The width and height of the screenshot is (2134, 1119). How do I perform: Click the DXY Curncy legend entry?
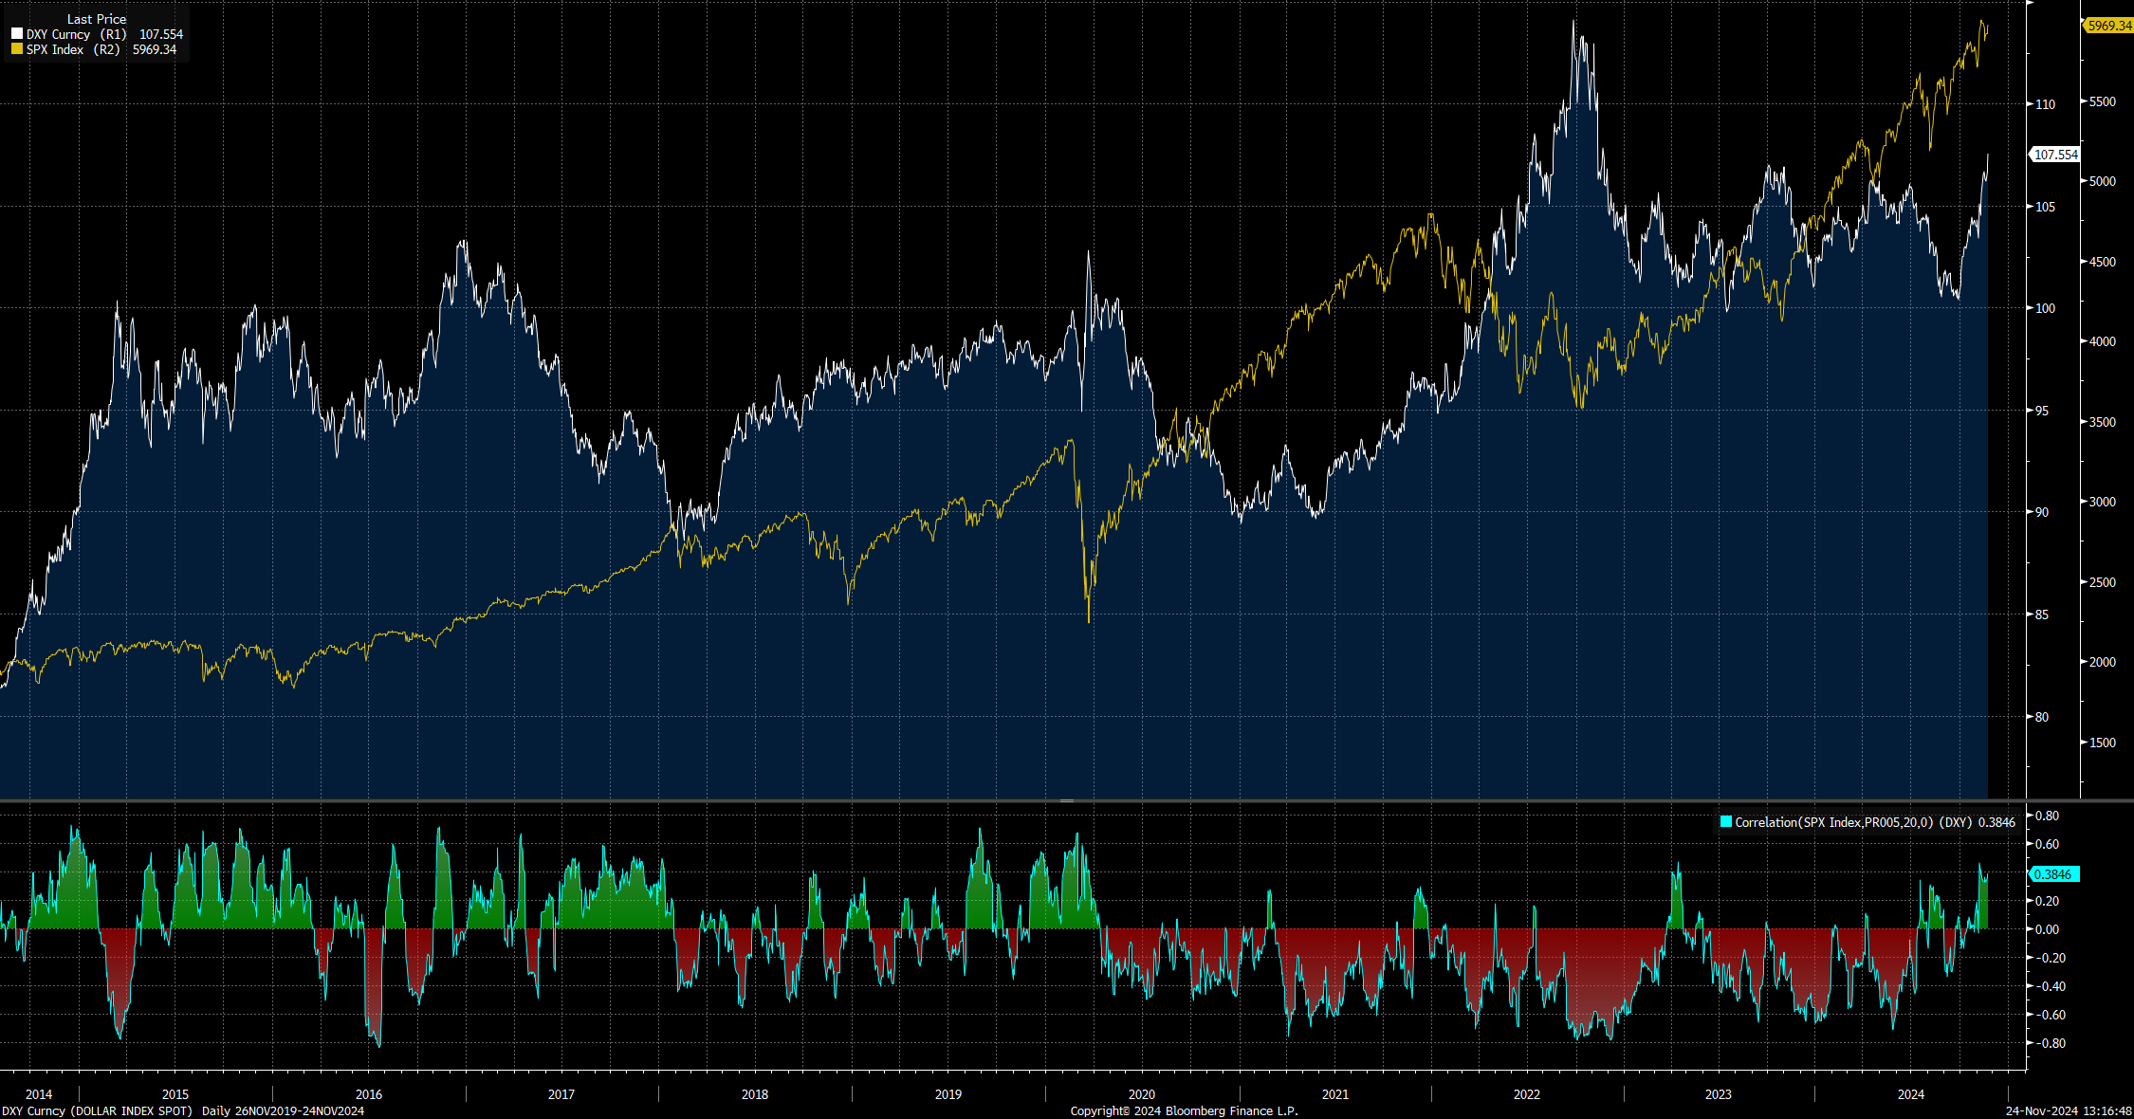tap(58, 34)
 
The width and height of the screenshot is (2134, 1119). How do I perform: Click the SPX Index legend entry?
tap(54, 49)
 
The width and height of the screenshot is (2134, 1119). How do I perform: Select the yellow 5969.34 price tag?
tap(2108, 26)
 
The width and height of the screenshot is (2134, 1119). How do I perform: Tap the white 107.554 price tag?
tap(2055, 155)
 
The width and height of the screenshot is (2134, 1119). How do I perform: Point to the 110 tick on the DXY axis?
tap(2045, 104)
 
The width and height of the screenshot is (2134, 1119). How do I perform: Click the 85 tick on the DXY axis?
tap(2042, 615)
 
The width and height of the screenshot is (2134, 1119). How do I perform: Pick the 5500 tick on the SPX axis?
tap(2102, 101)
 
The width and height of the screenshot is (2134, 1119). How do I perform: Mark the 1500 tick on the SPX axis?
tap(2102, 743)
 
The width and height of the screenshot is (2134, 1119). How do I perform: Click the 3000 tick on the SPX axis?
tap(2102, 502)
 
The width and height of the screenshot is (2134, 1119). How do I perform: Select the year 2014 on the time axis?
tap(39, 1094)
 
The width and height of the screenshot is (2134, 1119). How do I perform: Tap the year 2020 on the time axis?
tap(1142, 1094)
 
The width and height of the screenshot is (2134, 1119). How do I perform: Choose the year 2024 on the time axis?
tap(1911, 1094)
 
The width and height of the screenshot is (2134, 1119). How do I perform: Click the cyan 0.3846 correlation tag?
tap(2052, 874)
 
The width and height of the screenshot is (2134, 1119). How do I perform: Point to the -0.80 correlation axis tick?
tap(2046, 1043)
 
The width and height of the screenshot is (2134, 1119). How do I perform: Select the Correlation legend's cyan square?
tap(1726, 821)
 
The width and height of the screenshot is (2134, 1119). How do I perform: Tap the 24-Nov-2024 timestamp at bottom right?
tap(2068, 1110)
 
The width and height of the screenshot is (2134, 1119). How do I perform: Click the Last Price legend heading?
tap(96, 19)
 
